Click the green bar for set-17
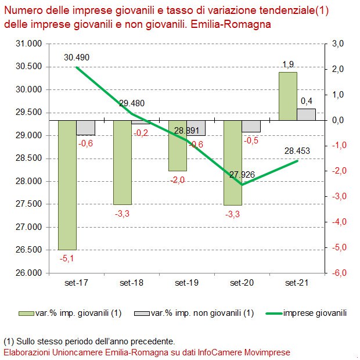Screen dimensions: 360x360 click(67, 185)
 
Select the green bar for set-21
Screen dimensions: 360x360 click(288, 96)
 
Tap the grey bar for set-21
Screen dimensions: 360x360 click(307, 114)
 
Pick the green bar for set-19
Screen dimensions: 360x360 click(178, 146)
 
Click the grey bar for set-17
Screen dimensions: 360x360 click(86, 128)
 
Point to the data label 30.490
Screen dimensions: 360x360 click(76, 57)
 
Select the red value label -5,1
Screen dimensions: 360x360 click(67, 256)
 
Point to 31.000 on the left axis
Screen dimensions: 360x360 click(28, 44)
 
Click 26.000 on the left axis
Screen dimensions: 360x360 click(28, 273)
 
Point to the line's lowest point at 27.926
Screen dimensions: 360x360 click(242, 184)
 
